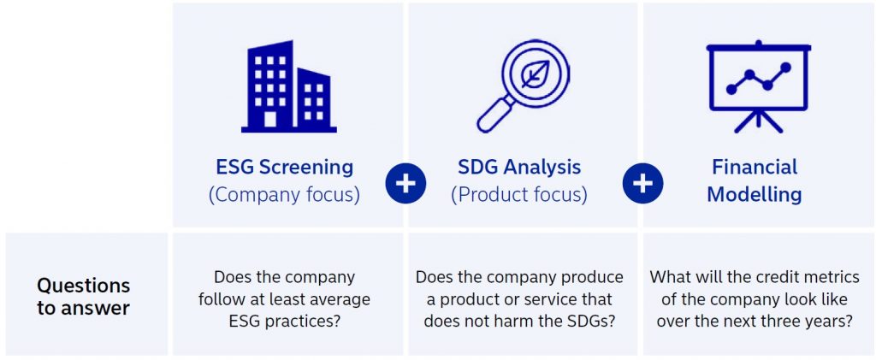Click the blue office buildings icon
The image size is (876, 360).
[x=289, y=86]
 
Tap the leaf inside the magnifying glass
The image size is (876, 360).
[x=536, y=74]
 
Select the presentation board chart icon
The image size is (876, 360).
[x=758, y=86]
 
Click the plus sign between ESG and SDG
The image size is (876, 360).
[x=405, y=184]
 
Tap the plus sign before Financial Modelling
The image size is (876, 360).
[x=642, y=184]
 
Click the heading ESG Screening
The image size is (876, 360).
[x=284, y=167]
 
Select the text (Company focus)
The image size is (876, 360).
[x=284, y=195]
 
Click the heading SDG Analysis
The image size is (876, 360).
[x=519, y=167]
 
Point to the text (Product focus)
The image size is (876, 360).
[x=519, y=195]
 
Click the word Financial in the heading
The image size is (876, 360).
[x=755, y=167]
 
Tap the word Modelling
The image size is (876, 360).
[x=755, y=195]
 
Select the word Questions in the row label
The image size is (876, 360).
[x=83, y=286]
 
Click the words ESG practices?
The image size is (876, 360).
[x=284, y=322]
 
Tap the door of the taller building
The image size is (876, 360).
[x=269, y=120]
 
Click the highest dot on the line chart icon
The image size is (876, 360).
[x=785, y=68]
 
